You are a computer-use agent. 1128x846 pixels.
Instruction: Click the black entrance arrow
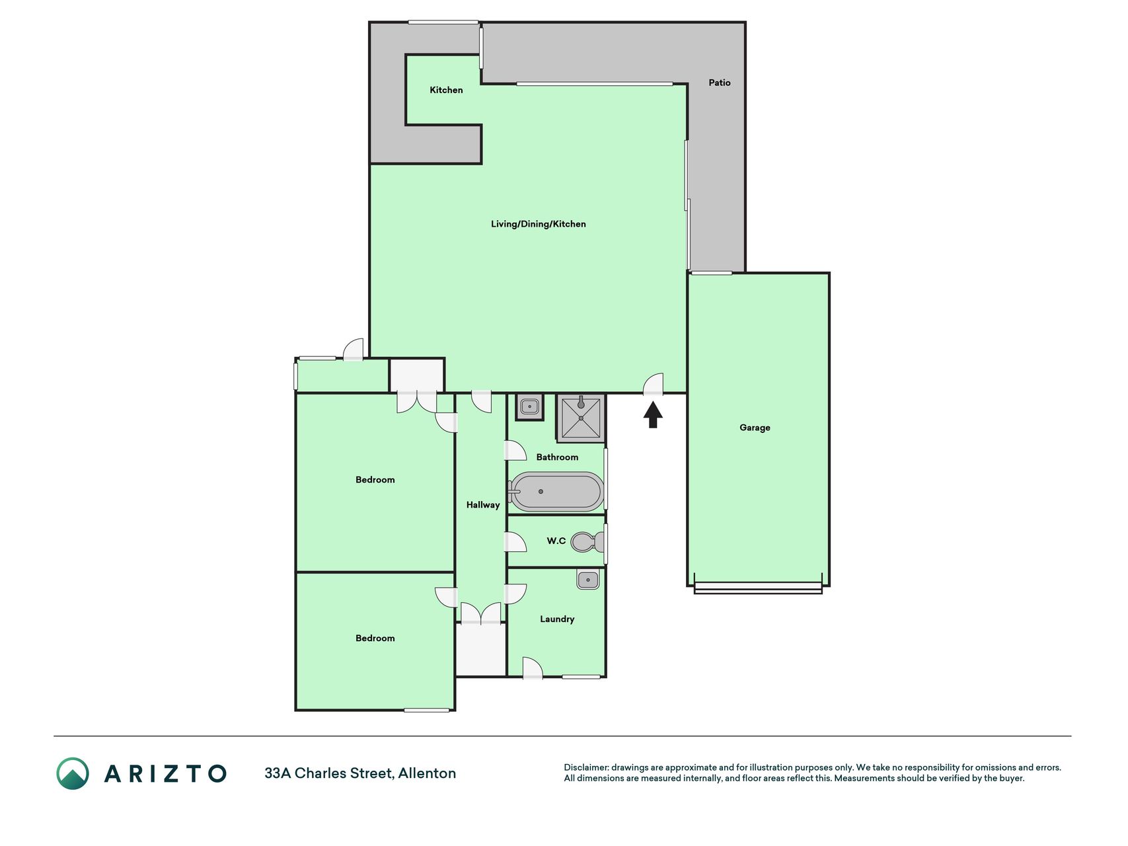(x=653, y=415)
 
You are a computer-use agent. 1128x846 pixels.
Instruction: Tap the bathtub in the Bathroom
(x=556, y=492)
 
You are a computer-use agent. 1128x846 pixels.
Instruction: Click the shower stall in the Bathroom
(x=581, y=418)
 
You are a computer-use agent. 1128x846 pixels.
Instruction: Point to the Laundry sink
(x=587, y=580)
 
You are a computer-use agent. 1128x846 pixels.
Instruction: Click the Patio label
(x=720, y=83)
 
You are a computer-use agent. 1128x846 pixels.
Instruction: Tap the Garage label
(x=755, y=428)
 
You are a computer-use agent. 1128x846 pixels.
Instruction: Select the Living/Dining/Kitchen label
(x=538, y=224)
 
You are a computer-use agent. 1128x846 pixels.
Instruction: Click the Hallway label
(x=483, y=505)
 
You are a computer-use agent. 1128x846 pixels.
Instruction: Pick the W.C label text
(x=556, y=541)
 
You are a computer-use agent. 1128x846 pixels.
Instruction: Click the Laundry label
(x=557, y=619)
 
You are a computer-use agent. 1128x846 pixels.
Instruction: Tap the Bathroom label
(x=557, y=457)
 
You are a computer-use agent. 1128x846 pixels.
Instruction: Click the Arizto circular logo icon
(x=73, y=773)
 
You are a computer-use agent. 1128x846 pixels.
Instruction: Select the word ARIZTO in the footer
(x=165, y=773)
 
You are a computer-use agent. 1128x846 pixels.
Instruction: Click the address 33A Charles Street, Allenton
(x=360, y=773)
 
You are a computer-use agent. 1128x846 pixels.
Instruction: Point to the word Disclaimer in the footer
(x=585, y=767)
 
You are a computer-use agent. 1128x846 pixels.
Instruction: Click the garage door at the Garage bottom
(x=758, y=587)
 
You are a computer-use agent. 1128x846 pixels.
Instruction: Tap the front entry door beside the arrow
(x=654, y=385)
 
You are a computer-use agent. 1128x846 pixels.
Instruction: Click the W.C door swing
(x=515, y=542)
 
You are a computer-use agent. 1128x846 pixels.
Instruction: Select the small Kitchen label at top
(x=446, y=90)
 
